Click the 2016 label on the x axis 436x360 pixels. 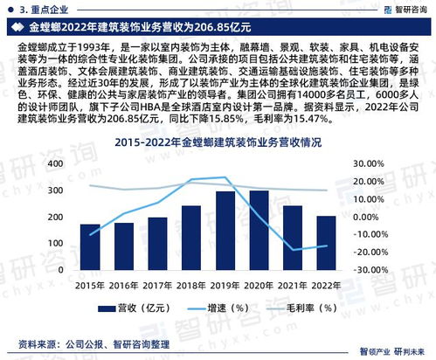[x=123, y=284]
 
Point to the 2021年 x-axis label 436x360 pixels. [x=292, y=284]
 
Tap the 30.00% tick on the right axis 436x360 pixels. [x=370, y=163]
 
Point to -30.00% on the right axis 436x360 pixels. [x=370, y=269]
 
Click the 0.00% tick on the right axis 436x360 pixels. [x=370, y=216]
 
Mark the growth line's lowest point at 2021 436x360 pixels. [x=293, y=251]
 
